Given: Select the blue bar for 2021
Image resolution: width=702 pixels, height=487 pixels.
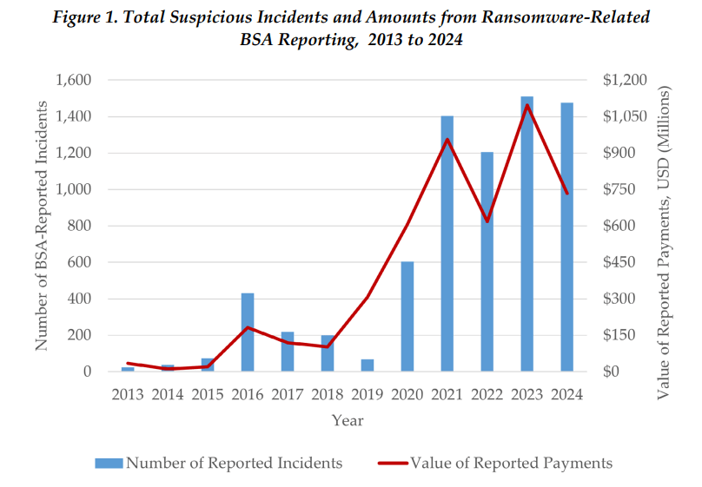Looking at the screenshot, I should click(x=447, y=244).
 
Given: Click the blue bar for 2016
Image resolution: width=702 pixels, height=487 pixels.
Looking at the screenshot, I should click(x=248, y=332).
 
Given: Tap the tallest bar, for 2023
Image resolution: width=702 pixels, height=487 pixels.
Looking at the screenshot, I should click(x=527, y=234).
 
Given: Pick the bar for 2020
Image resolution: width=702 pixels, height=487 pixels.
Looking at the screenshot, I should click(x=407, y=316).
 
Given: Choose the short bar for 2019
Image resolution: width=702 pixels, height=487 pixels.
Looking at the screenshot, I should click(x=368, y=365).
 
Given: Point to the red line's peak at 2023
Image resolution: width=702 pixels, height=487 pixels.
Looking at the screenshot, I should click(x=527, y=105).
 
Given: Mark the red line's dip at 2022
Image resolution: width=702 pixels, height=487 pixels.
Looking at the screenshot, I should click(x=487, y=221).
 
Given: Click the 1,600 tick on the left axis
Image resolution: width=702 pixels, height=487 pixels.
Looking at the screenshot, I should click(x=75, y=80).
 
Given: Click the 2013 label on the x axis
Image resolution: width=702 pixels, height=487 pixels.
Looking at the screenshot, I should click(x=128, y=394).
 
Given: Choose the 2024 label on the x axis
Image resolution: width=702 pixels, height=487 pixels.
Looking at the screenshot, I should click(x=566, y=394).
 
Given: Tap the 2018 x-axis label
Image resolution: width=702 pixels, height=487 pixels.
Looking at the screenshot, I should click(x=328, y=394).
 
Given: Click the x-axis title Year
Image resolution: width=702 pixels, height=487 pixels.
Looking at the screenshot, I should click(x=347, y=421).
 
